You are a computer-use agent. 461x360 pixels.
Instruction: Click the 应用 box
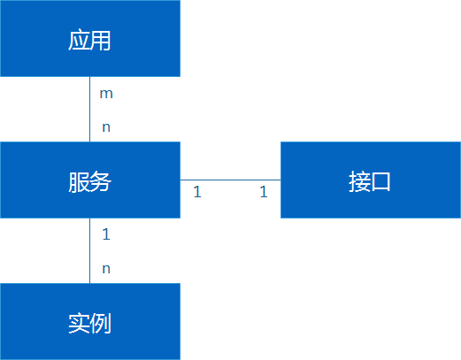[89, 38]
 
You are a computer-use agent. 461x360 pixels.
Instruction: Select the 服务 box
[89, 180]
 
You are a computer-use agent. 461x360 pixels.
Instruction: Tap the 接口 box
[370, 180]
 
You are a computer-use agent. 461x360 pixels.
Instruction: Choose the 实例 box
[89, 321]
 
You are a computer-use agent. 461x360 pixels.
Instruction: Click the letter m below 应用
[106, 93]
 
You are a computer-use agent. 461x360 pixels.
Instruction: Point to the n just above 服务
[106, 127]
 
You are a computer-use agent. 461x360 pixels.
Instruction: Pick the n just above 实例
[106, 269]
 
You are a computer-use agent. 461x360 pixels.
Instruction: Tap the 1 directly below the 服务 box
[106, 234]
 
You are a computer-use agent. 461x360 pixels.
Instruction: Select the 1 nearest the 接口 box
[264, 191]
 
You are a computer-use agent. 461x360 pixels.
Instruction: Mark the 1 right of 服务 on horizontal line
[197, 191]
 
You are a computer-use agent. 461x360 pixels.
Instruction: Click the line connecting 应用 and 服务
[89, 110]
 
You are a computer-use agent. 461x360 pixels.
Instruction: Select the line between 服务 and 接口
[230, 180]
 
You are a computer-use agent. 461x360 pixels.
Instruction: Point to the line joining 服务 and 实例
[89, 251]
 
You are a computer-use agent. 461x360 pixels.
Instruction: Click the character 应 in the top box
[79, 40]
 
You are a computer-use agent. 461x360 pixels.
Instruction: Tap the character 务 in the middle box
[101, 181]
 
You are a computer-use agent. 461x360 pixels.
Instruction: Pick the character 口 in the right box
[381, 181]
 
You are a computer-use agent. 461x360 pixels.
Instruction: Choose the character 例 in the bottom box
[101, 323]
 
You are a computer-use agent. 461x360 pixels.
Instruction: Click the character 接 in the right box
[359, 181]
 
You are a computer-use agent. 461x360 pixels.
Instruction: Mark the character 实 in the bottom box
[79, 323]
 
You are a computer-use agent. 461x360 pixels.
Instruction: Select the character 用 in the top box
[101, 40]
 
